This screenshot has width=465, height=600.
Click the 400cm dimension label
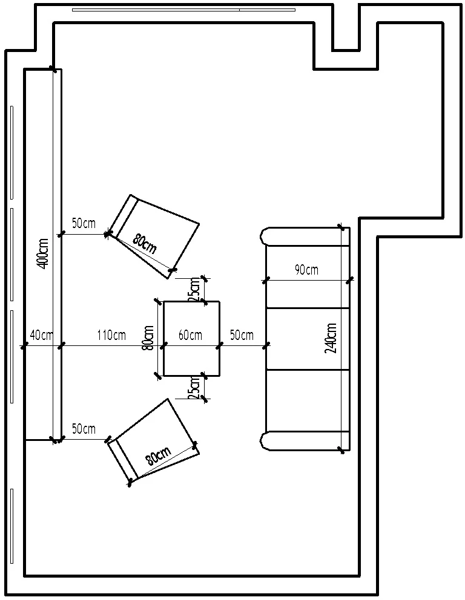tap(42, 253)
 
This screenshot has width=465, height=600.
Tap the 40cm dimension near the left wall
tap(41, 335)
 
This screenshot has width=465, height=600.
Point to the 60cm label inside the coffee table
tap(190, 335)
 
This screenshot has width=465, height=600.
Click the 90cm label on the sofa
tap(306, 270)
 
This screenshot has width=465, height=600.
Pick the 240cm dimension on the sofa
tap(331, 339)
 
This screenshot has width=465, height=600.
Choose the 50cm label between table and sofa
tap(242, 335)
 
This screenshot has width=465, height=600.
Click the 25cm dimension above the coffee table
tap(194, 289)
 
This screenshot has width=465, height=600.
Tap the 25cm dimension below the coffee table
tap(194, 388)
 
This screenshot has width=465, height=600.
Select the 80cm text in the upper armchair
tap(145, 244)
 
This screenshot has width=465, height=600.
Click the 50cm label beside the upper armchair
tap(84, 223)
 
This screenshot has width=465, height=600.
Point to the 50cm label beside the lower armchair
tap(84, 429)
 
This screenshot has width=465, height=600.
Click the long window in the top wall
tap(183, 10)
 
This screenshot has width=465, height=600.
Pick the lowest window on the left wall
tap(12, 525)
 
